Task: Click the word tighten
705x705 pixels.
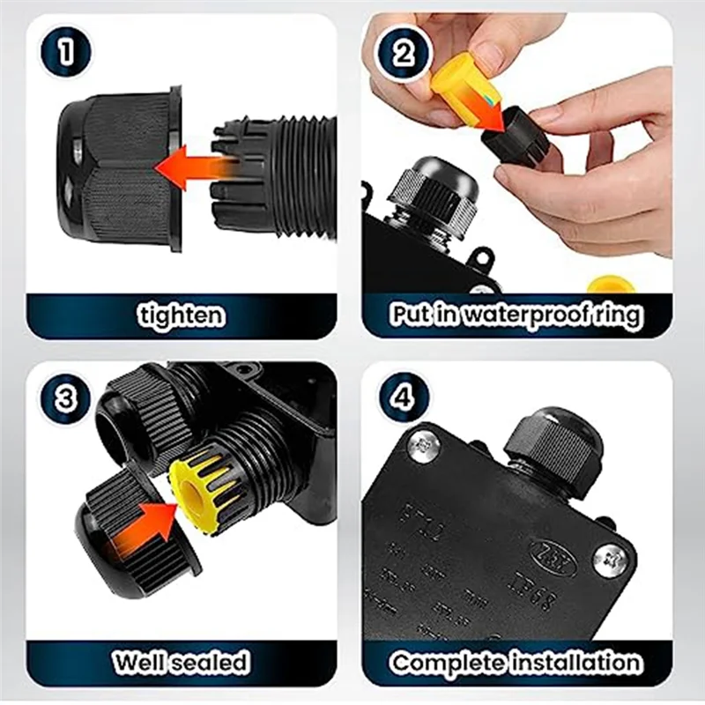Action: click(181, 315)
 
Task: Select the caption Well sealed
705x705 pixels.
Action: click(181, 661)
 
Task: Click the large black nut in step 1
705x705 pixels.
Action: click(119, 167)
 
